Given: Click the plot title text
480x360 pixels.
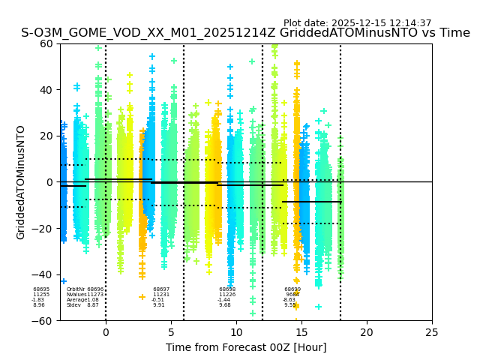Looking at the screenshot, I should point(245,33).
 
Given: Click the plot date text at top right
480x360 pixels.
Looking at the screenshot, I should point(357,23).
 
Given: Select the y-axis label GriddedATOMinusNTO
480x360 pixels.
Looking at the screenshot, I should point(21,182).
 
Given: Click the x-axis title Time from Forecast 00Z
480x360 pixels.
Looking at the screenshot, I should point(246,346).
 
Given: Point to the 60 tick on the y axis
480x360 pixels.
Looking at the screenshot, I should point(47,43).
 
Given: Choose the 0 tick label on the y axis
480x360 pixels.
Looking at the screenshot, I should point(50,182).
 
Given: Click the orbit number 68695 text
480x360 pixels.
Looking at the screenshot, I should point(41,289).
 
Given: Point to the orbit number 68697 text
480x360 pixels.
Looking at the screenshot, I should point(161,289).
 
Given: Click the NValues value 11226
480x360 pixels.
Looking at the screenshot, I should point(227,295).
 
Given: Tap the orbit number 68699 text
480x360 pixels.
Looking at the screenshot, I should point(292,289).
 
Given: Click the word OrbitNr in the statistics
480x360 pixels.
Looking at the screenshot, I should point(75,289).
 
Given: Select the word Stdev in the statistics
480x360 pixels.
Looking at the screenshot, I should point(73,305).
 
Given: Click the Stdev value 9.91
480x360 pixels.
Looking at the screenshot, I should point(158,305).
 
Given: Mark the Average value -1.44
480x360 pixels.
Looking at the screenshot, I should point(223,300).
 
